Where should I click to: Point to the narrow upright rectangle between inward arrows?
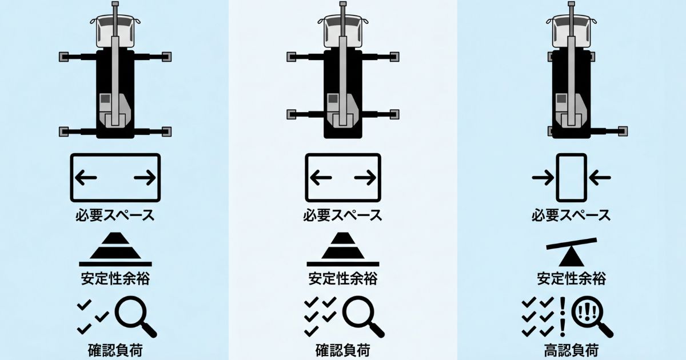click(x=571, y=178)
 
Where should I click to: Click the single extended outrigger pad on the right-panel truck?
click(x=622, y=131)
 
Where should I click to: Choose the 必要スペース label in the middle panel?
click(x=342, y=216)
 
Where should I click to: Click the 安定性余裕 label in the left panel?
click(x=115, y=279)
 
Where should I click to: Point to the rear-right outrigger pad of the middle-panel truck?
click(x=394, y=114)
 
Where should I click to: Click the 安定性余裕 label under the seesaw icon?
click(x=571, y=279)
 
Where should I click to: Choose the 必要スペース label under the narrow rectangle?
click(x=571, y=216)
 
